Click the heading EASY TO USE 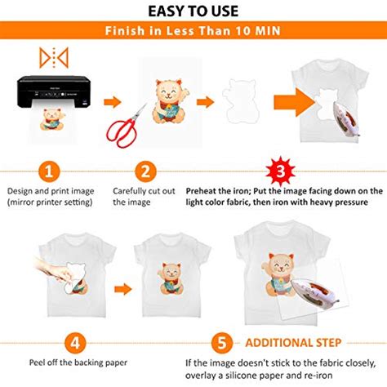(193, 11)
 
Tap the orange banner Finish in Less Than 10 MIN (193, 32)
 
